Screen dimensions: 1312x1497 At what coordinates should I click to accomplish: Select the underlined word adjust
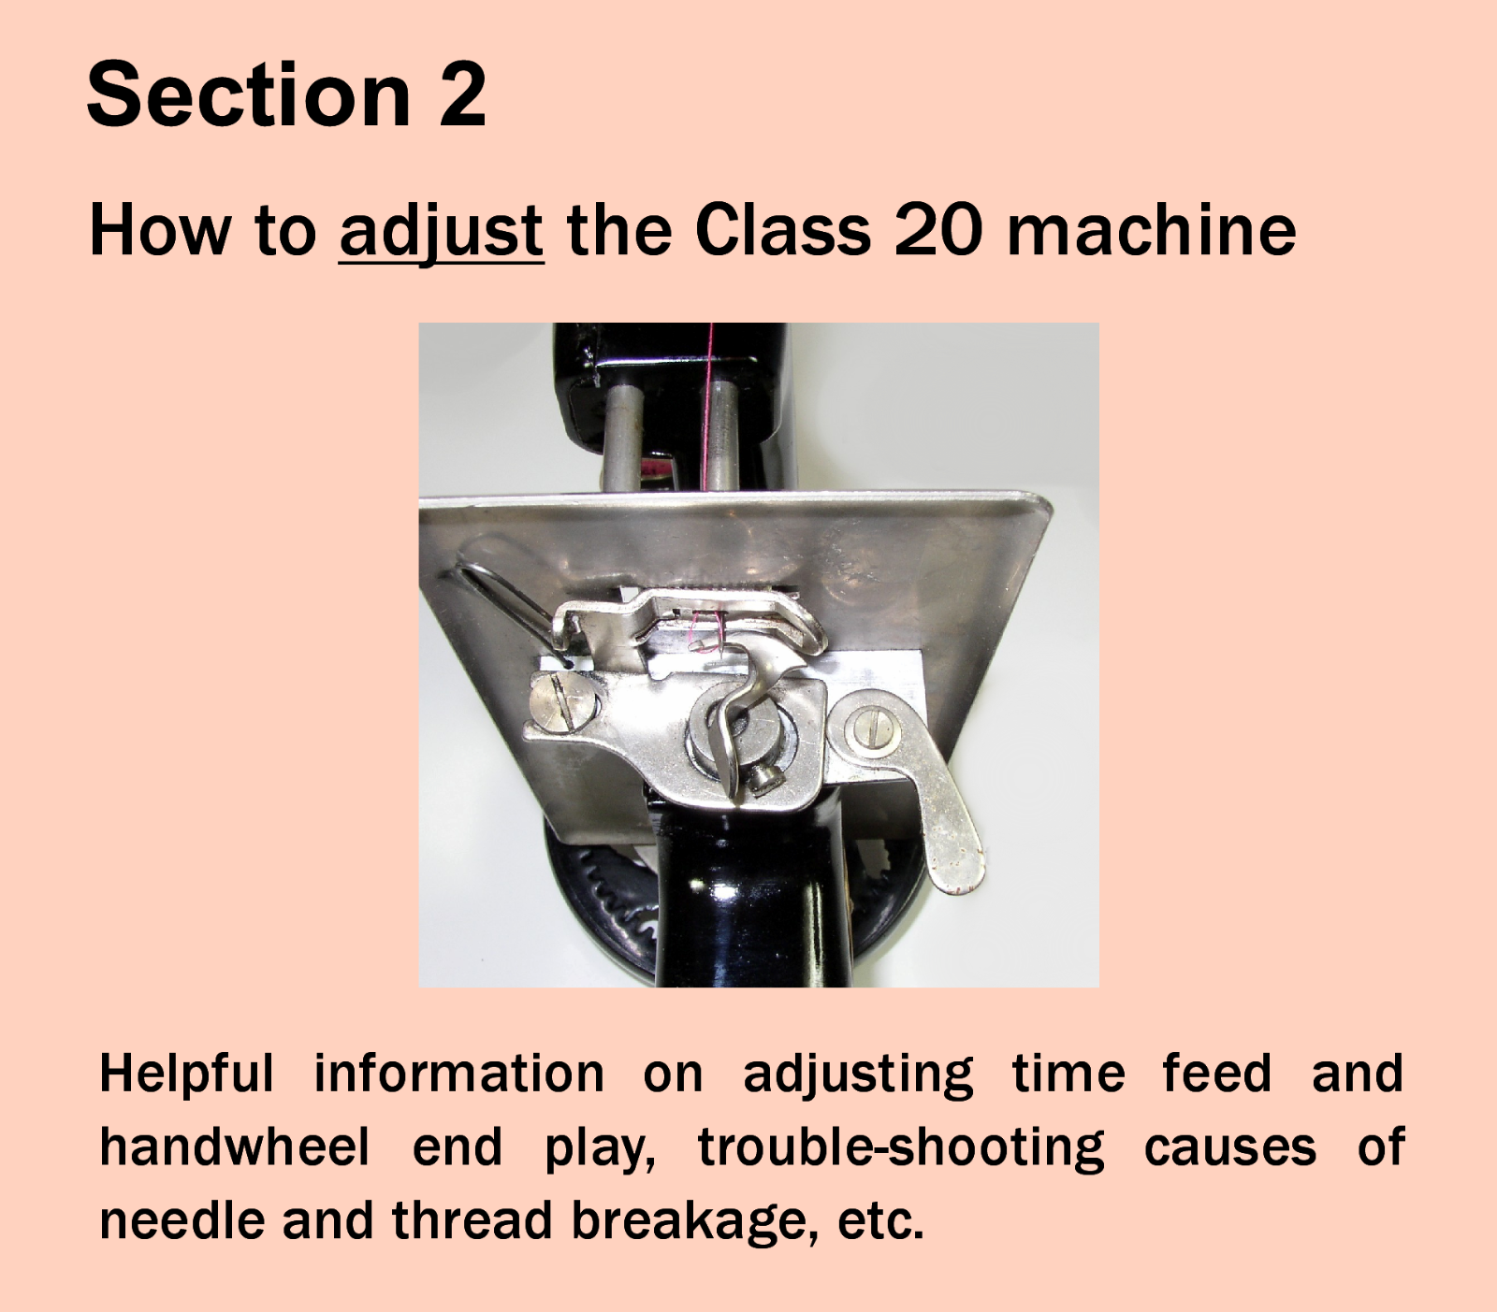pyautogui.click(x=441, y=231)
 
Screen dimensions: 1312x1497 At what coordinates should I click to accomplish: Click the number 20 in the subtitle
pyautogui.click(x=937, y=231)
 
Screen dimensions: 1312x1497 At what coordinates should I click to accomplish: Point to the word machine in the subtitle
pyautogui.click(x=1151, y=231)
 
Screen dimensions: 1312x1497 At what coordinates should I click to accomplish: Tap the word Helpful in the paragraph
pyautogui.click(x=186, y=1073)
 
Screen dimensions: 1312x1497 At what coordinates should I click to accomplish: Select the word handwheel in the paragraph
pyautogui.click(x=235, y=1146)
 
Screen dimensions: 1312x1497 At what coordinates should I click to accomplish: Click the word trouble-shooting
pyautogui.click(x=900, y=1146)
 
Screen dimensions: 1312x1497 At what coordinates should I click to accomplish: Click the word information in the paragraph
pyautogui.click(x=458, y=1073)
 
